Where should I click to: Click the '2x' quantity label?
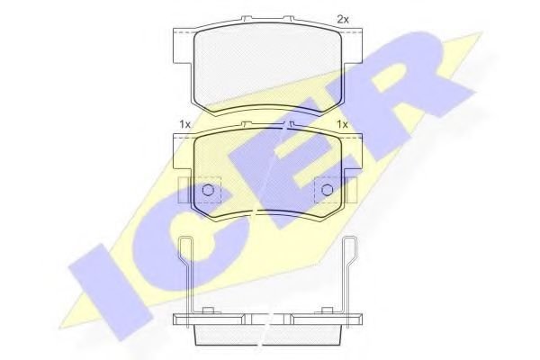point(342,20)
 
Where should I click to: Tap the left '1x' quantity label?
point(184,125)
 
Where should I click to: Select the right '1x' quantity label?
point(342,125)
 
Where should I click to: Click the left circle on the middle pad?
point(208,190)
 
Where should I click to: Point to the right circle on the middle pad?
point(327,190)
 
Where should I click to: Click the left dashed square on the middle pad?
point(208,190)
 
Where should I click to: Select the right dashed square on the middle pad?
point(327,190)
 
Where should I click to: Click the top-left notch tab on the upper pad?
point(246,18)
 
